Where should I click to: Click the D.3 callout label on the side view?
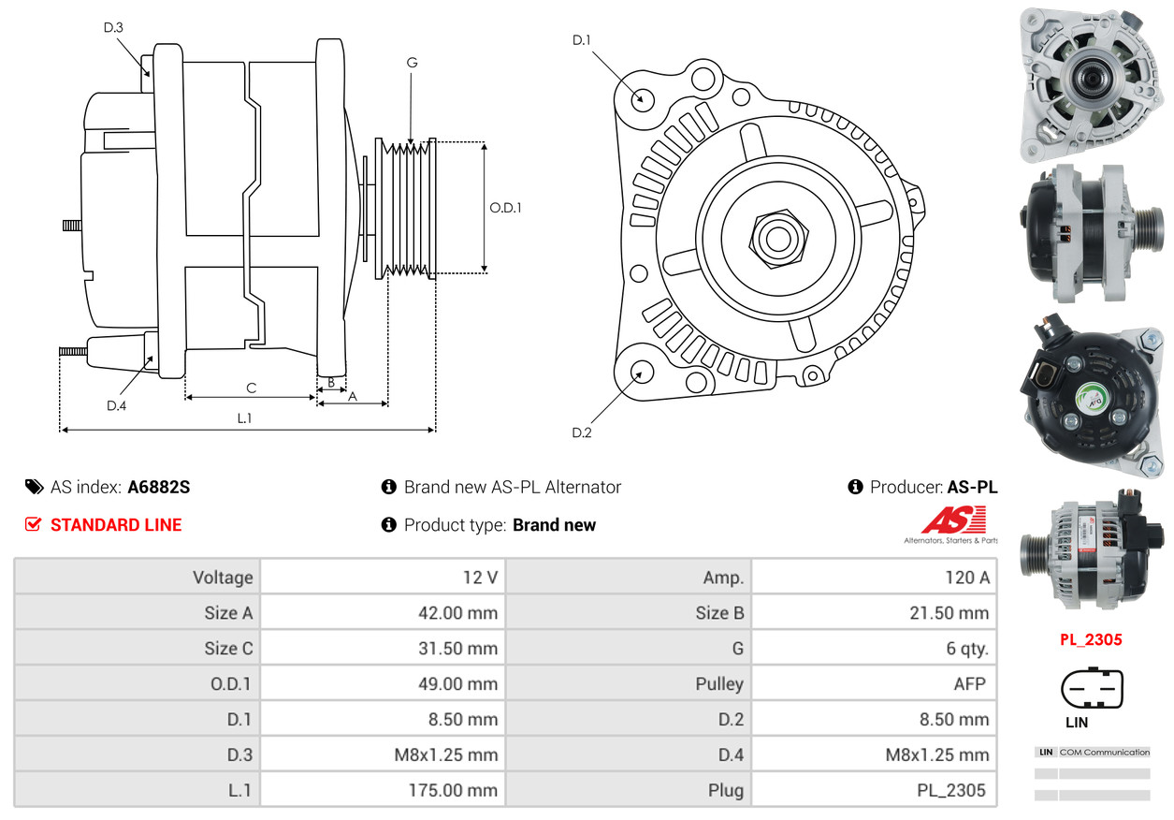click(113, 27)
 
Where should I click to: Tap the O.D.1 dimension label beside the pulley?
click(505, 208)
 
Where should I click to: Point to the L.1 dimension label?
click(244, 418)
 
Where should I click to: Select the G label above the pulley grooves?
click(412, 63)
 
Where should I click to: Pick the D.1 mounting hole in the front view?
click(642, 98)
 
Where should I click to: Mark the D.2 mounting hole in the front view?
click(640, 373)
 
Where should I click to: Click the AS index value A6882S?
click(159, 487)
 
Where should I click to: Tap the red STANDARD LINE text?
click(116, 525)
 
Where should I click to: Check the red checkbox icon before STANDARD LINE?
click(34, 525)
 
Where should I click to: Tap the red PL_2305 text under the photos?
click(1091, 640)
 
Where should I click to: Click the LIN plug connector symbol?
click(1091, 690)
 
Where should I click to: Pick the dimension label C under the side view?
click(251, 388)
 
